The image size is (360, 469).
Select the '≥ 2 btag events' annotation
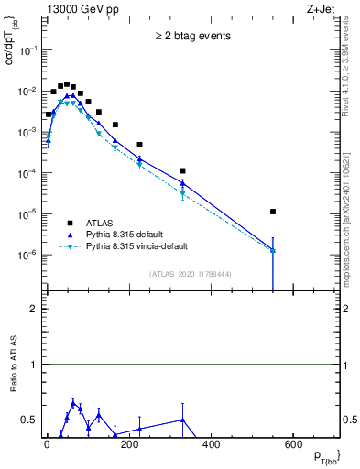[x=192, y=37]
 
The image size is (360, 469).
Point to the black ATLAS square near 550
[x=273, y=212]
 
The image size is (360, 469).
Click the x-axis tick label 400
[x=211, y=444]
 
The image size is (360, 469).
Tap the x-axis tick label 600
[x=293, y=444]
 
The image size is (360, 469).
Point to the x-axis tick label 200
[x=129, y=444]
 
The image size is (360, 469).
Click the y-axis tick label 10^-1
[x=26, y=51]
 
